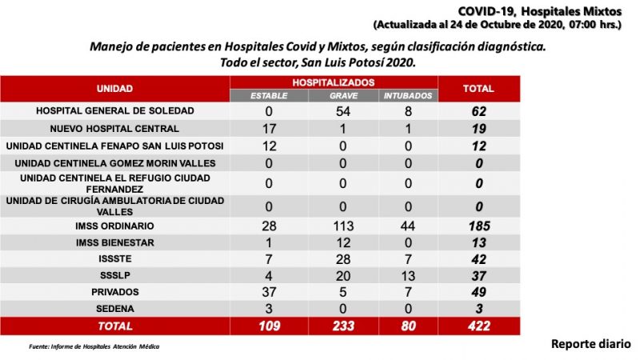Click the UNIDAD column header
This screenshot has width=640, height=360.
(114, 89)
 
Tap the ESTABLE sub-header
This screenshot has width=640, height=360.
(270, 96)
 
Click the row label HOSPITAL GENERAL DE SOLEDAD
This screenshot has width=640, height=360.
(115, 110)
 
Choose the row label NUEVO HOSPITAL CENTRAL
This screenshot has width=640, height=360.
(114, 128)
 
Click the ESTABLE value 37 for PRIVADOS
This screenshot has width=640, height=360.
(269, 291)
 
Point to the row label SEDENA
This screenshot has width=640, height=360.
(114, 308)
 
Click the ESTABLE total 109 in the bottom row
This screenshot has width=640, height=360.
(269, 326)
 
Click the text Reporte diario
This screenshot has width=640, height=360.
(590, 344)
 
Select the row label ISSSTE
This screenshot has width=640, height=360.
(114, 258)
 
